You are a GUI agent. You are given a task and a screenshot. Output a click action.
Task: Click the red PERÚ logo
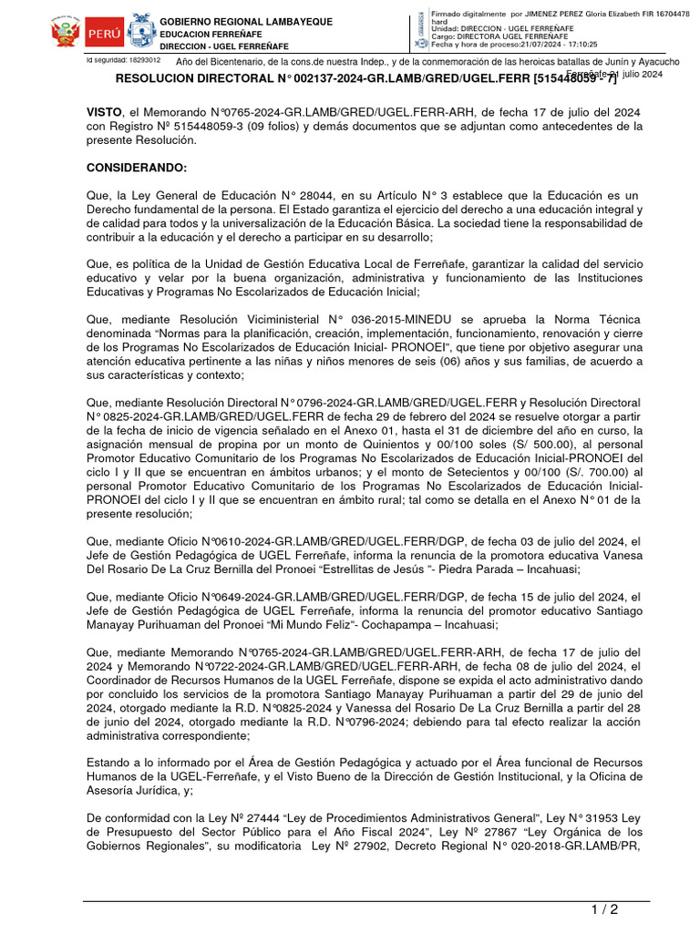[104, 34]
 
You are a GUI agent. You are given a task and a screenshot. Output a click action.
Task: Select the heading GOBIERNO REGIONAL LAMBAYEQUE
[246, 22]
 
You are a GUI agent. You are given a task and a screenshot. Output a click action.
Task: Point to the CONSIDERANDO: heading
[136, 169]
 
